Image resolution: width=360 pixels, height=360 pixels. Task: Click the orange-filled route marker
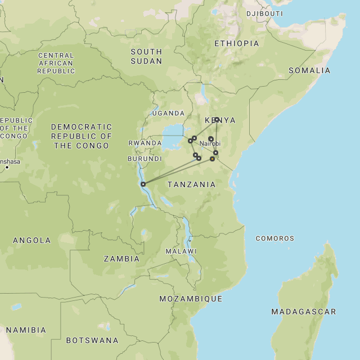(212, 159)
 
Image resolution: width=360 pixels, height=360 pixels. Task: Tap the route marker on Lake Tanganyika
(143, 184)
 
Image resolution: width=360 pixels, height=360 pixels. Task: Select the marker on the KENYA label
(217, 119)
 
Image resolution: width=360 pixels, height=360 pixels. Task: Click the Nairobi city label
(210, 143)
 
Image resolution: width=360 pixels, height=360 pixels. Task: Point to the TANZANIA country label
(191, 184)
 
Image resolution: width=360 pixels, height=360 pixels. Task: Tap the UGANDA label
(168, 113)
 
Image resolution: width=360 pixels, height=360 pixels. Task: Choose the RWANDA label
(145, 143)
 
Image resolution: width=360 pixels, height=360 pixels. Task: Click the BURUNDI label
(145, 159)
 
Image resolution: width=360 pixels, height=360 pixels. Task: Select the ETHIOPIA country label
(237, 43)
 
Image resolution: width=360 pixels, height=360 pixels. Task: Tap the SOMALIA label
(309, 70)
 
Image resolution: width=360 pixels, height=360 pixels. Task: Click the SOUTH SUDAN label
(146, 56)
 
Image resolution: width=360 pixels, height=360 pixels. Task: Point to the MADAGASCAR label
(304, 312)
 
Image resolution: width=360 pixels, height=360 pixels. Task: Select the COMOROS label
(275, 238)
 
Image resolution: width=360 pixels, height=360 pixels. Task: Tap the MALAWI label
(181, 251)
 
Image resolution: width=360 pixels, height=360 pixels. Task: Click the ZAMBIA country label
(121, 259)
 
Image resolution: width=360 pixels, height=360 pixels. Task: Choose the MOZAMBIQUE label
(191, 299)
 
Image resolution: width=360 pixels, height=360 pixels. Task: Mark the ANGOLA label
(31, 240)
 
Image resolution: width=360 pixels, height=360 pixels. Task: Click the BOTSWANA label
(92, 340)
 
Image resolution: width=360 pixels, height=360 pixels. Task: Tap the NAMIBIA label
(26, 330)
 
